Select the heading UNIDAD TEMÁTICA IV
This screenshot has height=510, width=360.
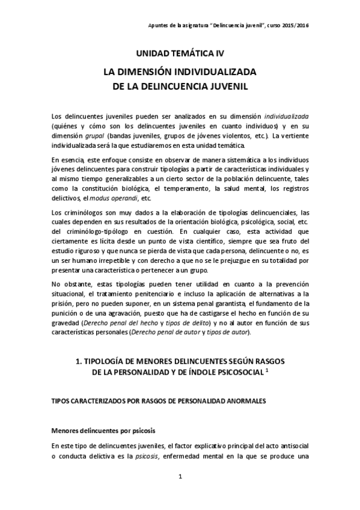pyautogui.click(x=180, y=54)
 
